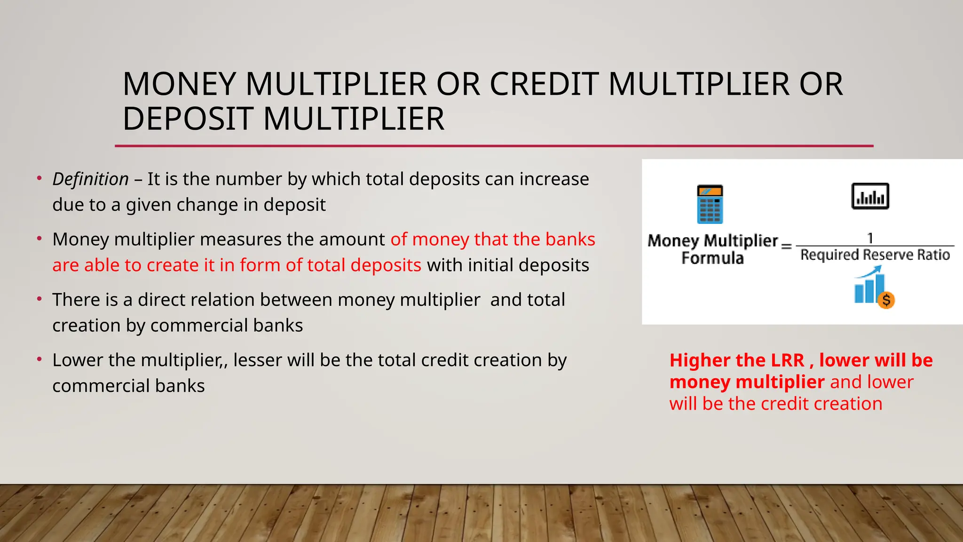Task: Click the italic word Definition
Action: click(90, 179)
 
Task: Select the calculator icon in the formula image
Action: click(710, 204)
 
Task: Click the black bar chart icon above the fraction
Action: click(870, 196)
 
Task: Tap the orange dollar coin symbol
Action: click(886, 300)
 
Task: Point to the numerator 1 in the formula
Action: click(870, 238)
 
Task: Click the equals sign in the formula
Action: click(786, 246)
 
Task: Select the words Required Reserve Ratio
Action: click(875, 255)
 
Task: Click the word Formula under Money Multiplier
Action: click(712, 258)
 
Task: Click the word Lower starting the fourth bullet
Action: click(78, 360)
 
